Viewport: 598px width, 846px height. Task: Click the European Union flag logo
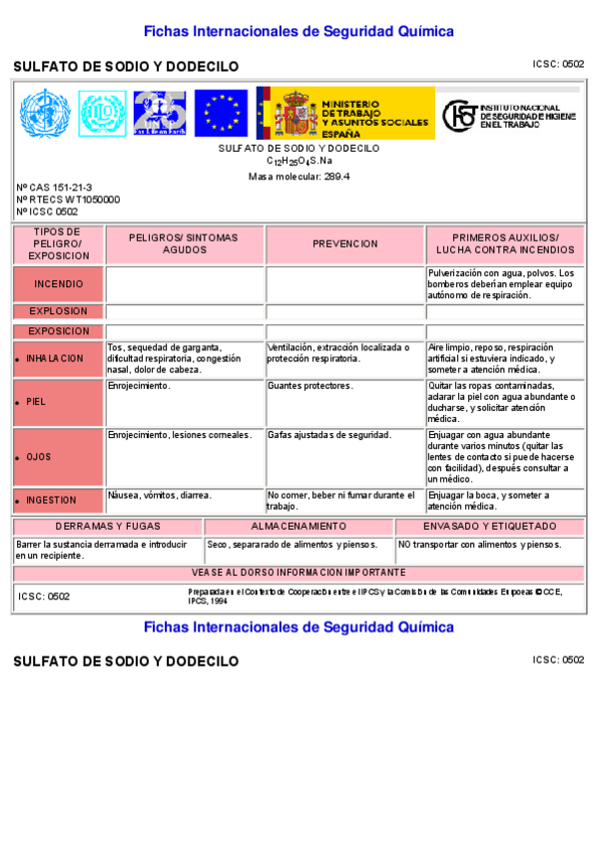[221, 113]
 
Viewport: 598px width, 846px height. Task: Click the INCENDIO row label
[59, 284]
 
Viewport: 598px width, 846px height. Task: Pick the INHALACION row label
[55, 358]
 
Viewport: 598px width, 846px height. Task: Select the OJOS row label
[39, 457]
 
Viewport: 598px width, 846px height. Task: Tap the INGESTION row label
[51, 500]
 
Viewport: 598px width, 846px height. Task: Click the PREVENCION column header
[345, 243]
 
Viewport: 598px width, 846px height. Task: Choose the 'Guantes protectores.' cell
[309, 385]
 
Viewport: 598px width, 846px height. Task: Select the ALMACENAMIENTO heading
[299, 526]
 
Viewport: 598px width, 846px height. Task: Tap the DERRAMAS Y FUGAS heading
[108, 526]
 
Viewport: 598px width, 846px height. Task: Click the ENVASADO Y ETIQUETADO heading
[490, 526]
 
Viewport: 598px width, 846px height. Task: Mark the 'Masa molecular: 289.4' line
[299, 177]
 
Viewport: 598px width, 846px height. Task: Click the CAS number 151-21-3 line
[55, 188]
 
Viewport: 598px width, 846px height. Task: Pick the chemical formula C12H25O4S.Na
[299, 161]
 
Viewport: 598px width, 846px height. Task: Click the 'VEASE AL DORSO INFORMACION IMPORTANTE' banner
[299, 573]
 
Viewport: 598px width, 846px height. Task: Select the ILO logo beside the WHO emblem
[102, 113]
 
